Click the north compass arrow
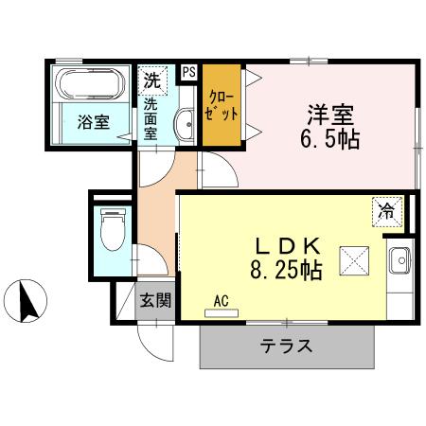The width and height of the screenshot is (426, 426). click(28, 301)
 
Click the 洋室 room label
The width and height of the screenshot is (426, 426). click(329, 115)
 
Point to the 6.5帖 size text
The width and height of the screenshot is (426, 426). click(329, 140)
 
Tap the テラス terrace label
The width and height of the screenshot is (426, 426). click(286, 346)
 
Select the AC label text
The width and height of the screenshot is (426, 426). click(222, 301)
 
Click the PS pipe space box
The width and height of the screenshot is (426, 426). click(188, 72)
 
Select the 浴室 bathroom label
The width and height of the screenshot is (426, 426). click(92, 122)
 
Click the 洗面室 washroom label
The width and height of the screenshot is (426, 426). click(151, 118)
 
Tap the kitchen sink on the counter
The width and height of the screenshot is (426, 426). click(399, 257)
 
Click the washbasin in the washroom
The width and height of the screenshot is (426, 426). click(185, 122)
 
